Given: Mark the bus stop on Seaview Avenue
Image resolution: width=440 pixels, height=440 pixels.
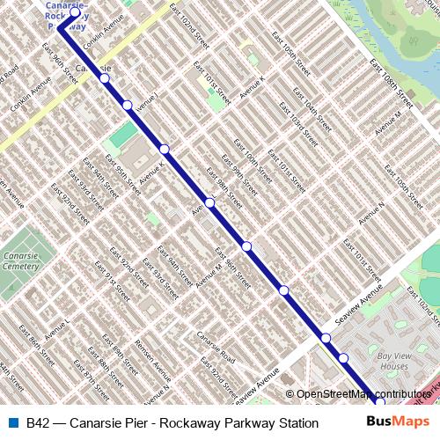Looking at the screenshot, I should [x=326, y=338].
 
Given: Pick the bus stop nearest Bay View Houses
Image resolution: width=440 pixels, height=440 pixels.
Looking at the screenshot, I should [x=343, y=357].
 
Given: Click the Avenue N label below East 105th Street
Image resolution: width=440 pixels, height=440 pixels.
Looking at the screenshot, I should [x=377, y=211].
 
